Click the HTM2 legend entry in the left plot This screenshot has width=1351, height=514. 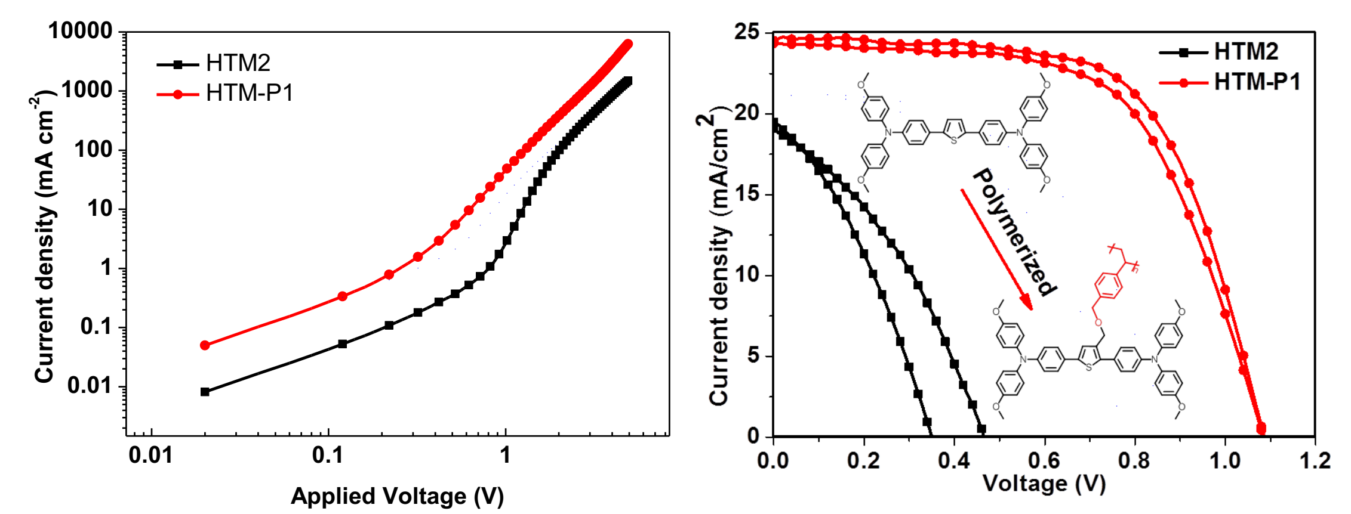(x=237, y=63)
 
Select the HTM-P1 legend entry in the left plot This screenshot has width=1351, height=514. (x=249, y=94)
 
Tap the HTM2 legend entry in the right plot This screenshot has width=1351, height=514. (x=1246, y=52)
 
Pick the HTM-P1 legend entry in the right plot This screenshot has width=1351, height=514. (x=1257, y=82)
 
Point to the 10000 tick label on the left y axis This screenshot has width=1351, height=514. (x=81, y=30)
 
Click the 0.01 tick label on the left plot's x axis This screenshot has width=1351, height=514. (x=151, y=456)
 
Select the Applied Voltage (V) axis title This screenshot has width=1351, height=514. (x=397, y=496)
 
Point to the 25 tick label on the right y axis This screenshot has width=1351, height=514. (x=747, y=32)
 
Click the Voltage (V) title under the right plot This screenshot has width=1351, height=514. (x=1044, y=484)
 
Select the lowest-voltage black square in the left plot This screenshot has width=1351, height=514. (x=205, y=392)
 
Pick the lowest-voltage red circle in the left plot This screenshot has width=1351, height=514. (x=205, y=345)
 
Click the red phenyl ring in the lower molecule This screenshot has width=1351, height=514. (x=1109, y=284)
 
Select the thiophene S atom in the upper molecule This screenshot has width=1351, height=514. (x=954, y=140)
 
